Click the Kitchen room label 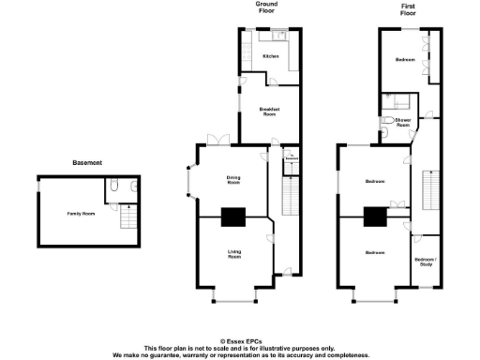271,56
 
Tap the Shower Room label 403,123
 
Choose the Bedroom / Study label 425,262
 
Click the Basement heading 87,163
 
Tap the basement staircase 127,218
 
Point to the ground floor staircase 289,197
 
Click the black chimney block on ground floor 232,217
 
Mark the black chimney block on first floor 375,217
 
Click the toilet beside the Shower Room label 388,123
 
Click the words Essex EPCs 239,341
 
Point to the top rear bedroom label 405,59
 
